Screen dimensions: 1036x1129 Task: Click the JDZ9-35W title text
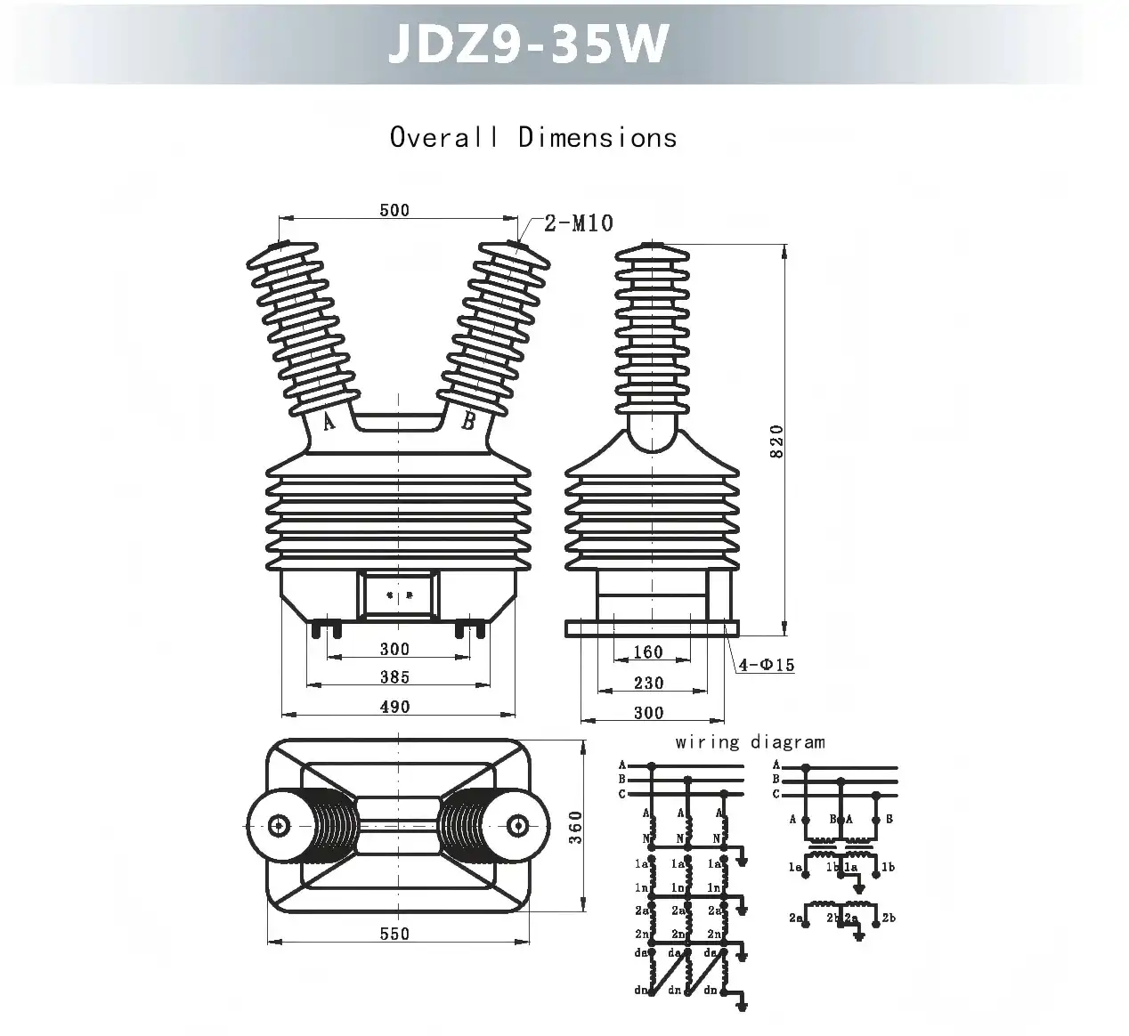528,43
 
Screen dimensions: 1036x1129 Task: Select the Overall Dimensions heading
533,138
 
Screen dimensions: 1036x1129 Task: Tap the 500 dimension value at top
394,210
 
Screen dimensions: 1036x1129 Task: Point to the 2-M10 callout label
579,223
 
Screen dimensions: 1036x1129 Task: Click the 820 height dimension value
776,441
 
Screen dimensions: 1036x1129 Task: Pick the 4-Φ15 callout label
766,665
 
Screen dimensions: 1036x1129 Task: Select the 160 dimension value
648,652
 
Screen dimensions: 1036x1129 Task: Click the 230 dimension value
648,683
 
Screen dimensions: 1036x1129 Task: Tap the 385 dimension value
394,677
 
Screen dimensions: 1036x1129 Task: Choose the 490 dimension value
394,707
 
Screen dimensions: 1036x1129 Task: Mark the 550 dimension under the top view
394,934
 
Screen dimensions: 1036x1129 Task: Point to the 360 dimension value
575,828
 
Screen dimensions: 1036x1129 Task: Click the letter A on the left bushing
329,422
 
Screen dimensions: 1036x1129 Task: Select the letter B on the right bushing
468,422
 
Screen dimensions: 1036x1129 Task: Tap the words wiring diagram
750,741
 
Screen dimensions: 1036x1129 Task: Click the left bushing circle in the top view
280,825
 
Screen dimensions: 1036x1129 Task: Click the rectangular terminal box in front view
398,595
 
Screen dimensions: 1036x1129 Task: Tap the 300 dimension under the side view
648,712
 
